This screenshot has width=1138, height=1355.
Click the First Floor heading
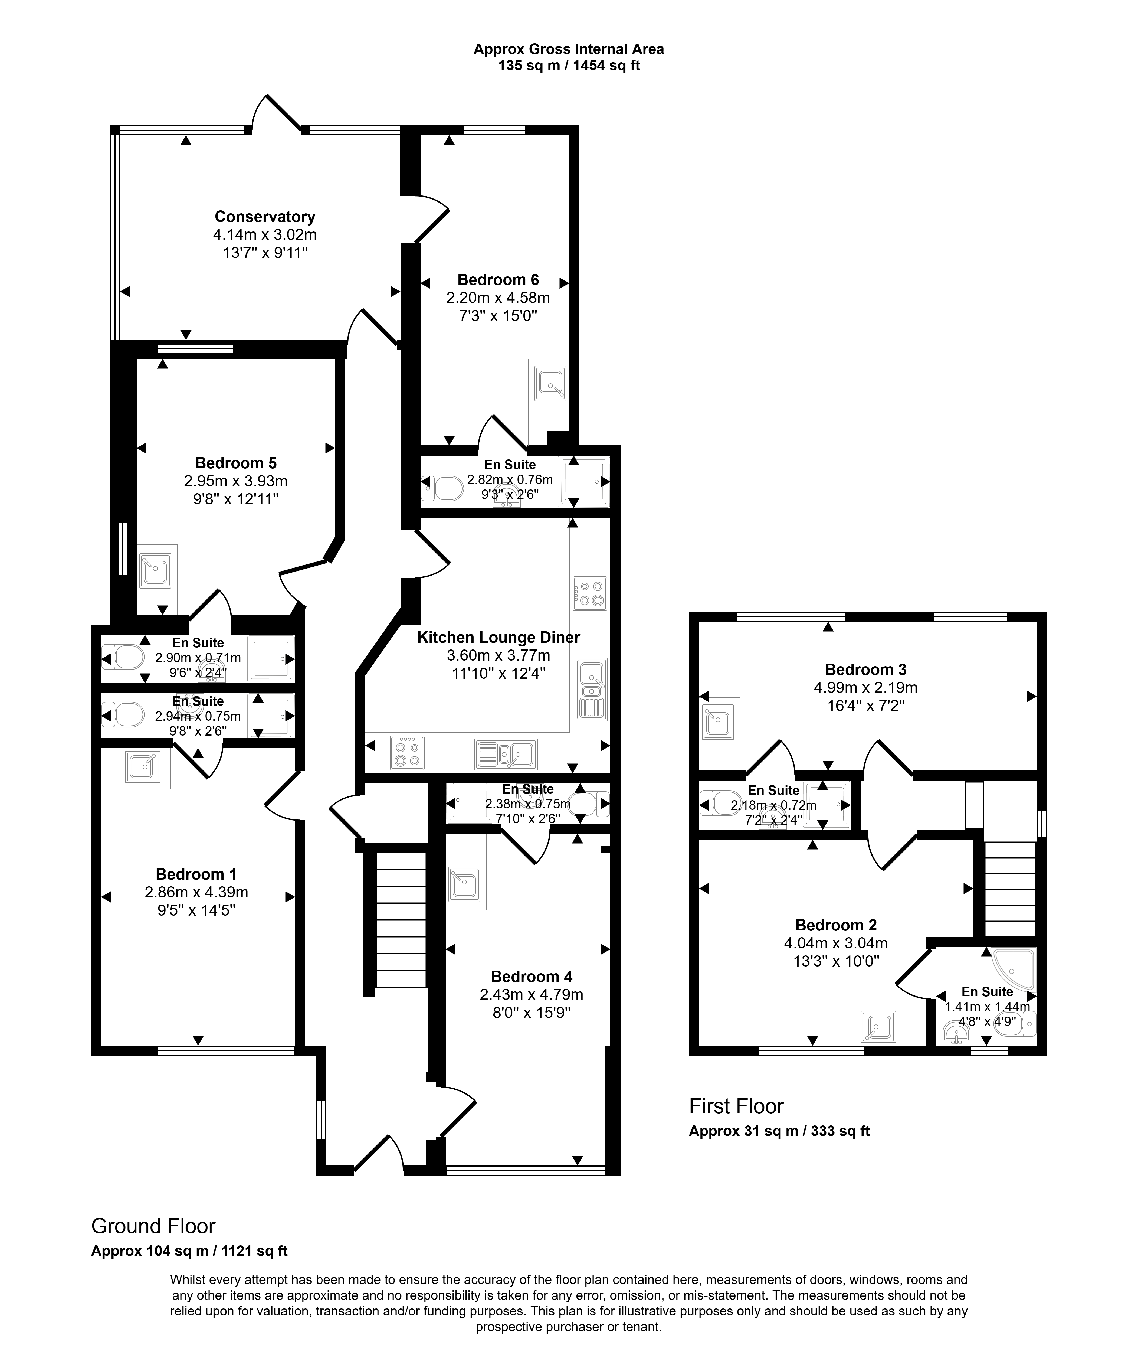[x=736, y=1106]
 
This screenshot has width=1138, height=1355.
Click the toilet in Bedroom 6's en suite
[x=442, y=488]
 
